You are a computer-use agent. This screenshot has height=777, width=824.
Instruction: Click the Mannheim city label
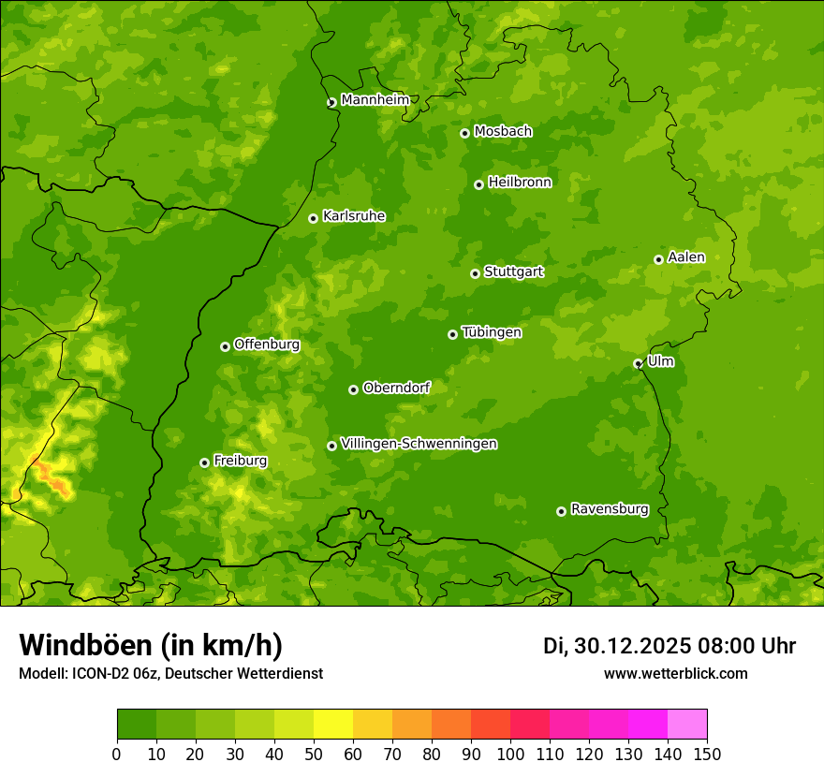(x=375, y=100)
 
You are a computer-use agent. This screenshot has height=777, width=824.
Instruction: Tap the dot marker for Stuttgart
(x=475, y=273)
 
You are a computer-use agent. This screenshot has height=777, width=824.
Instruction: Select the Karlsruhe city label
(x=353, y=216)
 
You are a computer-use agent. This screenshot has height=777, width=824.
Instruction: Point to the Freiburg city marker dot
(x=204, y=462)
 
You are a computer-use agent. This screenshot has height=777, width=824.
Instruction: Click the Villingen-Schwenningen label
(x=419, y=444)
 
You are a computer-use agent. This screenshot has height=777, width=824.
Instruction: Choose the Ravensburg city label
(x=609, y=509)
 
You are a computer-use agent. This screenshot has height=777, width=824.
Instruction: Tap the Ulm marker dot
(x=638, y=363)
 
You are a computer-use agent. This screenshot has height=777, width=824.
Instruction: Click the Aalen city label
(x=686, y=257)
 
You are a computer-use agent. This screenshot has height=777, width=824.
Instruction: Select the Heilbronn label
(x=520, y=183)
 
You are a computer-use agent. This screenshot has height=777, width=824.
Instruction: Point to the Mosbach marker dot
(x=464, y=133)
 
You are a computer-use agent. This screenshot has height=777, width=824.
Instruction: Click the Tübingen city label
(x=491, y=332)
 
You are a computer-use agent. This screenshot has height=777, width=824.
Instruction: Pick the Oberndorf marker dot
(x=353, y=389)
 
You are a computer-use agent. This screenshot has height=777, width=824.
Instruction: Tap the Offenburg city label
(x=267, y=345)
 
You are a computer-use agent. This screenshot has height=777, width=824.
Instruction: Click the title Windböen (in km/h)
(x=150, y=645)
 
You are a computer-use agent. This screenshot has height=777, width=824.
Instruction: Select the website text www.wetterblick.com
(x=675, y=673)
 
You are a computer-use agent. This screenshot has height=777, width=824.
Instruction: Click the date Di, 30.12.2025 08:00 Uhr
(x=669, y=646)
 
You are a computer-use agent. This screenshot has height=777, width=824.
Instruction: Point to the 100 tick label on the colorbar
(x=510, y=755)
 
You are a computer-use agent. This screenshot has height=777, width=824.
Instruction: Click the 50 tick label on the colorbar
(x=314, y=755)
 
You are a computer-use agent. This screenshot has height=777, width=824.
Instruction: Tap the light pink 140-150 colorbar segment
(x=687, y=724)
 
